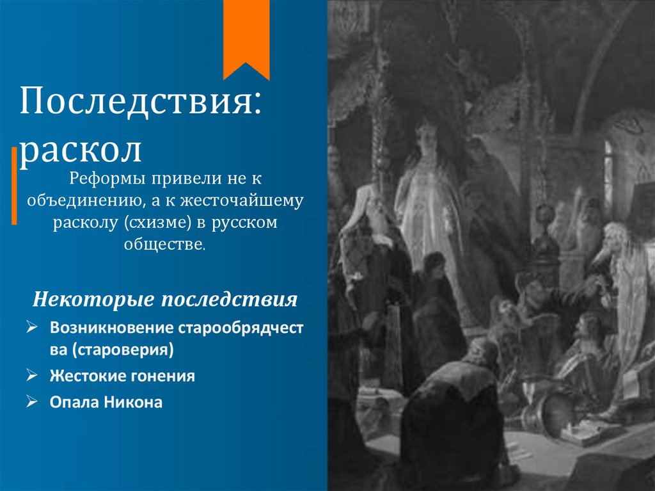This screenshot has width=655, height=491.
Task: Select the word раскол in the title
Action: [80, 150]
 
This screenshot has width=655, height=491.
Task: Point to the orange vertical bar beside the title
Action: [14, 186]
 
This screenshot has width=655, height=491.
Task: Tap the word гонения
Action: [162, 376]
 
